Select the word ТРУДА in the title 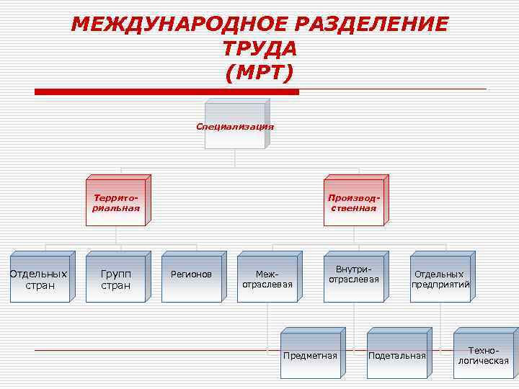tap(259, 49)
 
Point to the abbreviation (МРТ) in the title tap(259, 73)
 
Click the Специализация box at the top tap(235, 126)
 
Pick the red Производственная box tap(353, 202)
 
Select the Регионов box tap(192, 277)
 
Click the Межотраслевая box tap(267, 279)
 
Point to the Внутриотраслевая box tap(354, 277)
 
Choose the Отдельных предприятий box tap(440, 279)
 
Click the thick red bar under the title tap(167, 92)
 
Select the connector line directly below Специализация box tap(235, 160)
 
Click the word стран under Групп tap(115, 286)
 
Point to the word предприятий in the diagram tap(441, 285)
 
